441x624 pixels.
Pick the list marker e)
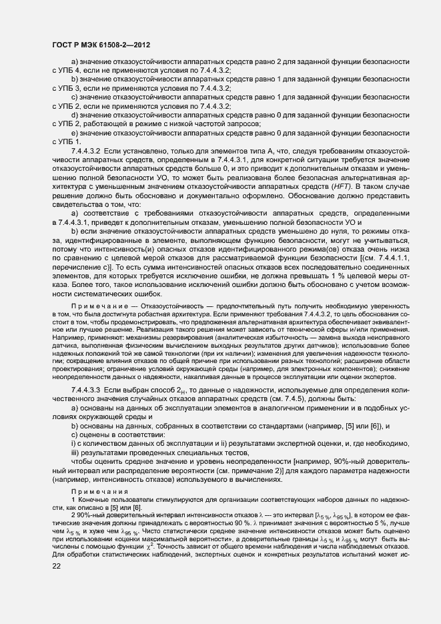75,132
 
